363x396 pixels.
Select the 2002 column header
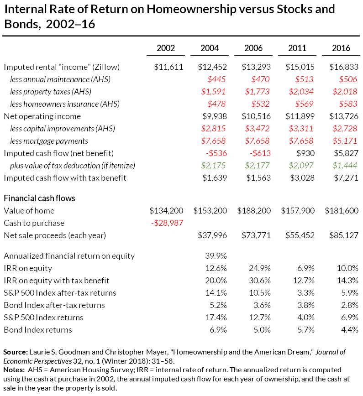[165, 48]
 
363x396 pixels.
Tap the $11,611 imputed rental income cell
[168, 67]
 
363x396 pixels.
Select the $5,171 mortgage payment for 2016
[346, 141]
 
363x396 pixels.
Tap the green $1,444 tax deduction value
[346, 166]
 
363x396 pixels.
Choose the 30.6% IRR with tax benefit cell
[260, 280]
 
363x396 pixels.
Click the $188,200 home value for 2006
[254, 211]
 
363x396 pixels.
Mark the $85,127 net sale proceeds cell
[342, 235]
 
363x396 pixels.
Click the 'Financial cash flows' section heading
[39, 198]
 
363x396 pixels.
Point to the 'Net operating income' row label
[42, 116]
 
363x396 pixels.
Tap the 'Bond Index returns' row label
[37, 329]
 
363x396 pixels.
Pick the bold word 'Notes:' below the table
[14, 369]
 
